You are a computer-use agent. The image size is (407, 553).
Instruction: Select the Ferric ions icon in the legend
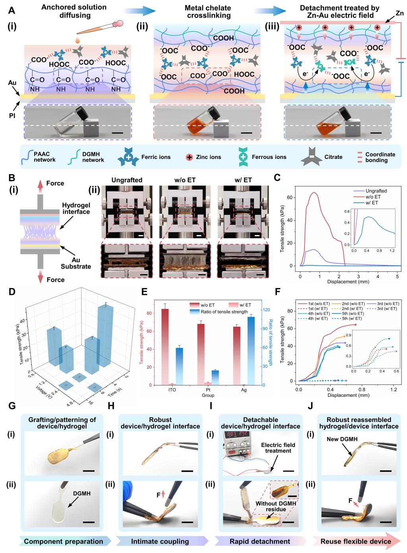(x=128, y=157)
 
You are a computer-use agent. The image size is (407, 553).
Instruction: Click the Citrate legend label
(x=333, y=157)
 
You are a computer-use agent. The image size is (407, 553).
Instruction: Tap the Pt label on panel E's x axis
(x=208, y=390)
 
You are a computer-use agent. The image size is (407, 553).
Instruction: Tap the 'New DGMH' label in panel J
(x=337, y=439)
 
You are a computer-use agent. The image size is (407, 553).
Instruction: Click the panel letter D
(x=12, y=292)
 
